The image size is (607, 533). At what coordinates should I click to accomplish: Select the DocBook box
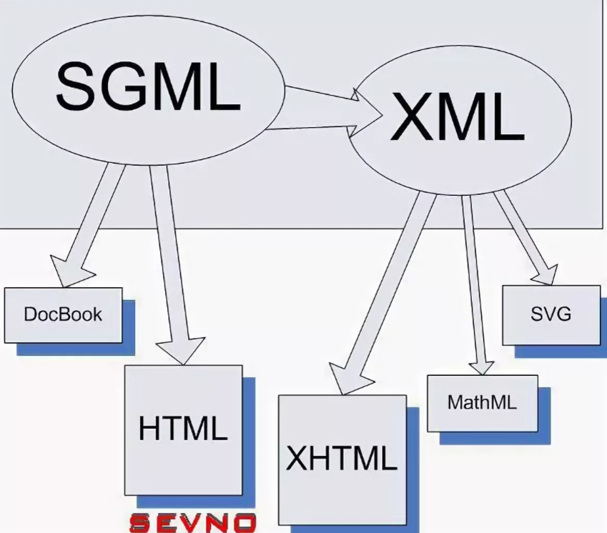click(x=63, y=314)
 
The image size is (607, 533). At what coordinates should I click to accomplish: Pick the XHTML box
click(x=341, y=458)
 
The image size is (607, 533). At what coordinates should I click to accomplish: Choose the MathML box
click(x=482, y=402)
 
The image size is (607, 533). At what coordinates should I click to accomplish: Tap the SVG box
click(x=551, y=314)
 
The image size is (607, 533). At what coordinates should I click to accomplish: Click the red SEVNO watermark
click(x=195, y=522)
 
